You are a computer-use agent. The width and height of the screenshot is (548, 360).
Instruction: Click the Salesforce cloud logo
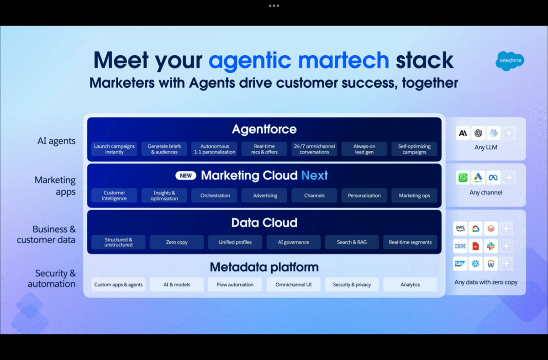pos(510,61)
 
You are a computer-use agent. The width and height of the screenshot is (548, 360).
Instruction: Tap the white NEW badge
pos(186,175)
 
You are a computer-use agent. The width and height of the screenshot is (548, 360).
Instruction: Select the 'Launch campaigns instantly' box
pos(114,149)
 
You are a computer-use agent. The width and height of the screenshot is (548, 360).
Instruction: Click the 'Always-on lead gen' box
pos(364,149)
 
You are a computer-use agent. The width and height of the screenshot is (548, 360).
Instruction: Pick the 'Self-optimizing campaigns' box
pos(414,149)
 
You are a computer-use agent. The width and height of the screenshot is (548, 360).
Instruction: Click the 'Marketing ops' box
pos(414,195)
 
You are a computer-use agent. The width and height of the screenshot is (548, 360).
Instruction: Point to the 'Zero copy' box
pos(177,242)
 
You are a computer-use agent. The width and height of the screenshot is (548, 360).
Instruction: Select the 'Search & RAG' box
pos(352,242)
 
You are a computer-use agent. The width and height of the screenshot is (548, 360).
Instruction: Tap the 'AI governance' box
pos(293,242)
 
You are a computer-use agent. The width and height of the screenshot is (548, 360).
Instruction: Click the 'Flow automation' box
pos(235,284)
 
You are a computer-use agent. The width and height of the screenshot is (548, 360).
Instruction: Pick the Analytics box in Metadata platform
pos(410,284)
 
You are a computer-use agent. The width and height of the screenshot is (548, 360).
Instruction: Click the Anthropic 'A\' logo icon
pos(463,133)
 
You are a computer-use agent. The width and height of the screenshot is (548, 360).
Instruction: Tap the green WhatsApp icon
pos(463,177)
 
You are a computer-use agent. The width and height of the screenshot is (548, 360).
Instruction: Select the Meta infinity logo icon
pos(493,177)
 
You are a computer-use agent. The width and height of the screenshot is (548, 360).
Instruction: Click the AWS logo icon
pos(460,228)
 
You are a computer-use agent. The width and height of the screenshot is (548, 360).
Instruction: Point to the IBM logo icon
pos(460,246)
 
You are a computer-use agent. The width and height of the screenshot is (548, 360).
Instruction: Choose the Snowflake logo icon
pos(475,264)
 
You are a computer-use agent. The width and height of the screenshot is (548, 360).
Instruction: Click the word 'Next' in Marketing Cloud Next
pos(314,175)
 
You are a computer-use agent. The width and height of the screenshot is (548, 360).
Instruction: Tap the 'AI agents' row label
pos(56,141)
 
